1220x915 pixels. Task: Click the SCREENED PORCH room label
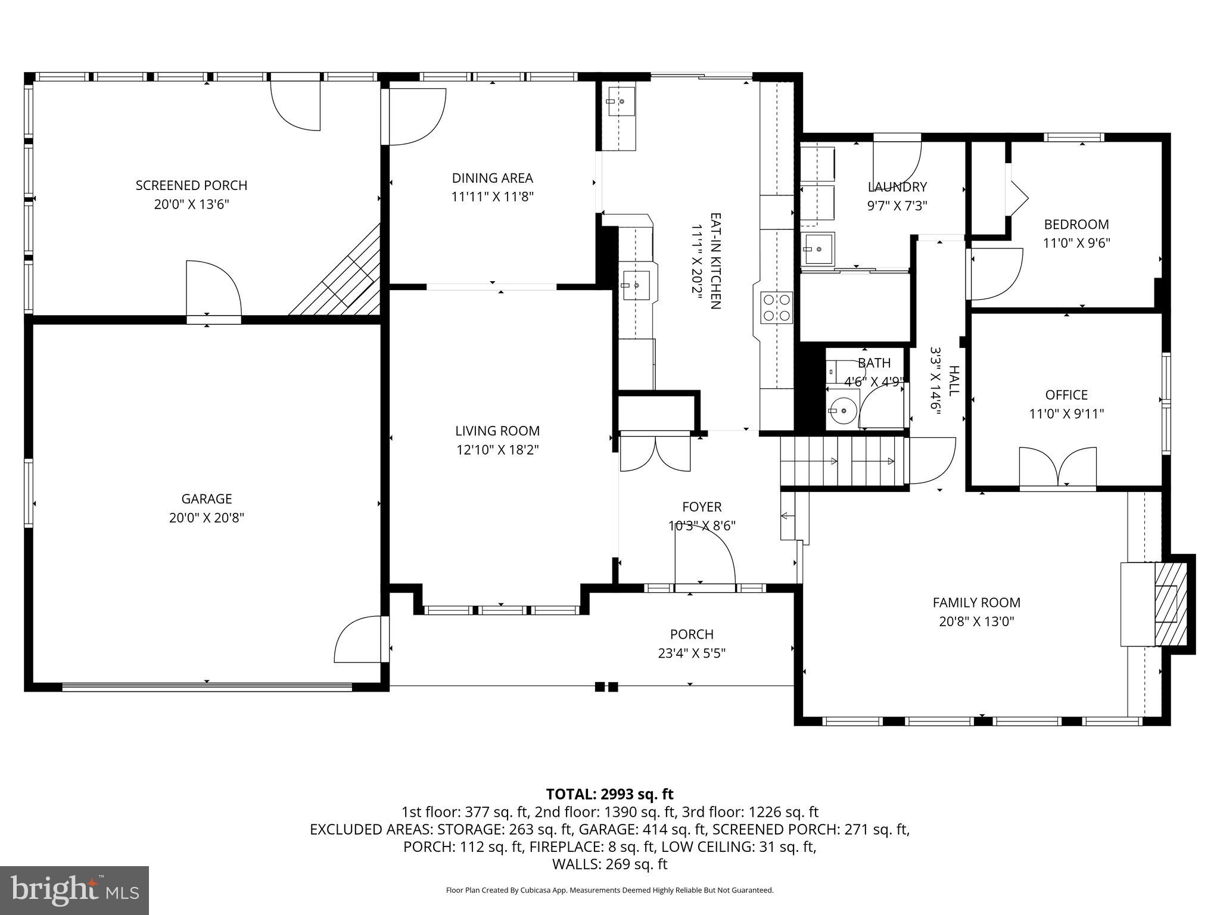click(191, 185)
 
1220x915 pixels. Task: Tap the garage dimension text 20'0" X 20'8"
click(207, 518)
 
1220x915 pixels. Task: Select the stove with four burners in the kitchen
click(777, 308)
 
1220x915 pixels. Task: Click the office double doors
click(1057, 468)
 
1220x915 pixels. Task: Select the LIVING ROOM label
click(497, 431)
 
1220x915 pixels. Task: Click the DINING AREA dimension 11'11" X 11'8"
click(492, 197)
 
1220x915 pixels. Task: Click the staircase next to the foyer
click(843, 462)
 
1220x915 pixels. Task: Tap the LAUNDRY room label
click(897, 187)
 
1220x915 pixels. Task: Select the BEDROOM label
click(1076, 225)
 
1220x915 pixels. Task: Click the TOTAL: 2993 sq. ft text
click(609, 794)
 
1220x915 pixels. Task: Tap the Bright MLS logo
click(74, 891)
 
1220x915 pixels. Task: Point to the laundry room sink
click(818, 248)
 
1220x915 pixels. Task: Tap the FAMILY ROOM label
click(976, 602)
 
